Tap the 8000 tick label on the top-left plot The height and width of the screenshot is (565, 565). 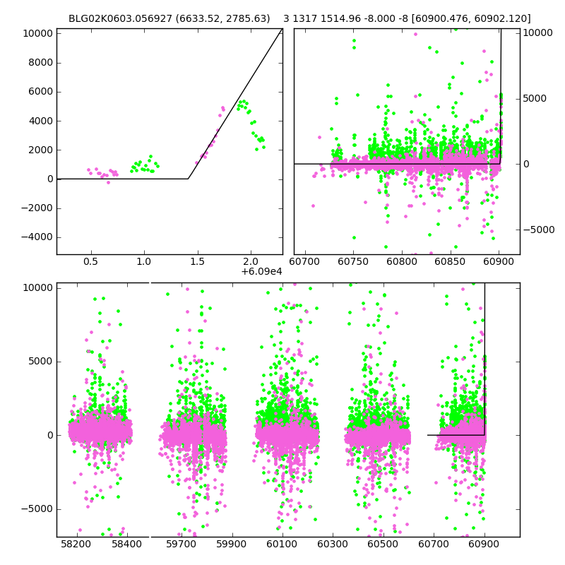point(40,62)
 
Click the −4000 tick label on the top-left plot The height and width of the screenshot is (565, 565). point(37,237)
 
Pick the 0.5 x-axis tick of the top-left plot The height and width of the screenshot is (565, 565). point(90,261)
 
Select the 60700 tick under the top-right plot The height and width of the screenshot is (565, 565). point(304,261)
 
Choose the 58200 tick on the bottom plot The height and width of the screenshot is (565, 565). point(76,545)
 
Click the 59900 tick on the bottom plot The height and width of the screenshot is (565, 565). point(231,545)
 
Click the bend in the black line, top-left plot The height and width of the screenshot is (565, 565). point(188,179)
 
